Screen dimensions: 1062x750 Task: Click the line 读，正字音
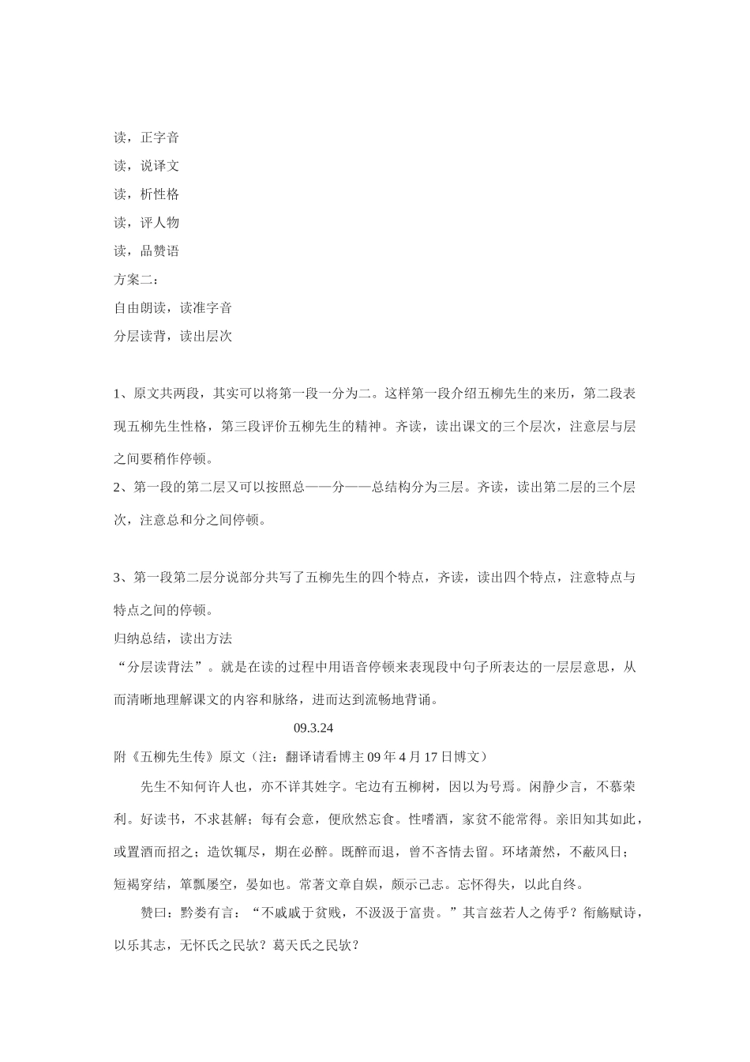pos(147,137)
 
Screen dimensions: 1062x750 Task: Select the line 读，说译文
pos(147,166)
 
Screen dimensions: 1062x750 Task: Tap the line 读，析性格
pos(147,194)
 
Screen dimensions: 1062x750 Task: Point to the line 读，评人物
pos(147,223)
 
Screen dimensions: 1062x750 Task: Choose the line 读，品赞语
pos(147,251)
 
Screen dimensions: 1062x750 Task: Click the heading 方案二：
pos(137,280)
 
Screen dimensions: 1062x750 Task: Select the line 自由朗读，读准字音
pos(173,308)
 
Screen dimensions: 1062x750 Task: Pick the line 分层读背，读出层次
pos(173,337)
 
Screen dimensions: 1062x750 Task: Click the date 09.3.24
pos(319,728)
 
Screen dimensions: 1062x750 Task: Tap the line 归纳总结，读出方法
pos(173,638)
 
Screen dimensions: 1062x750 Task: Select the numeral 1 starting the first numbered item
pos(118,394)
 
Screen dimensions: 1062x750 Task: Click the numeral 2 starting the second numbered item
pos(118,487)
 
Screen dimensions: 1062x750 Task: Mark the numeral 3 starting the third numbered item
pos(118,578)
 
